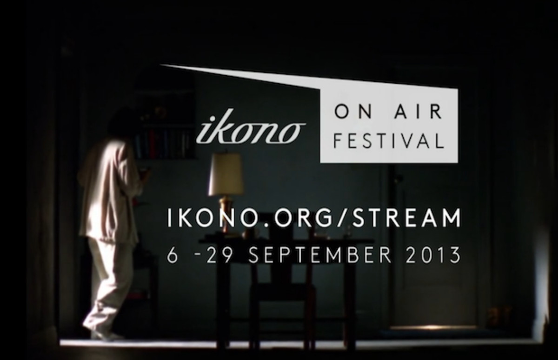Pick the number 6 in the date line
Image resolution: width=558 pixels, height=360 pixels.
(173, 255)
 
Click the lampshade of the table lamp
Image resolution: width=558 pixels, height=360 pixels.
(226, 174)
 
